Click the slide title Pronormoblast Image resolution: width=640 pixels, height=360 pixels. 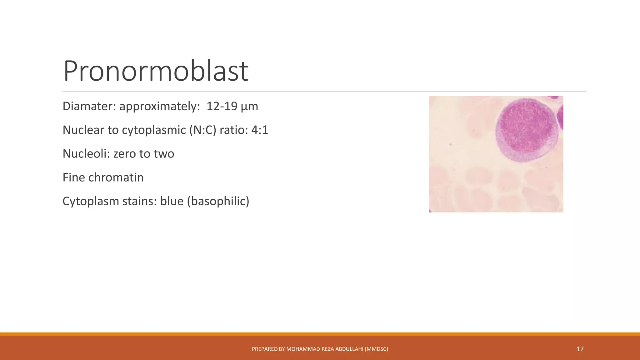pyautogui.click(x=156, y=71)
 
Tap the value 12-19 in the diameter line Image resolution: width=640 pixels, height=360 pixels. pyautogui.click(x=222, y=106)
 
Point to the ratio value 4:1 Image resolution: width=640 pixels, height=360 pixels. pyautogui.click(x=260, y=130)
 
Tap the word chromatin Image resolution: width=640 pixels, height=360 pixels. pyautogui.click(x=116, y=177)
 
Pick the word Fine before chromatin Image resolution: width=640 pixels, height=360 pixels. pyautogui.click(x=74, y=177)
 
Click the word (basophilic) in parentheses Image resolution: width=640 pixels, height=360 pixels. pyautogui.click(x=218, y=201)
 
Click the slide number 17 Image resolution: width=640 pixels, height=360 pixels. pyautogui.click(x=580, y=349)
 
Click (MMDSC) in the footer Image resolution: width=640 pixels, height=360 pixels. pyautogui.click(x=376, y=349)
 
